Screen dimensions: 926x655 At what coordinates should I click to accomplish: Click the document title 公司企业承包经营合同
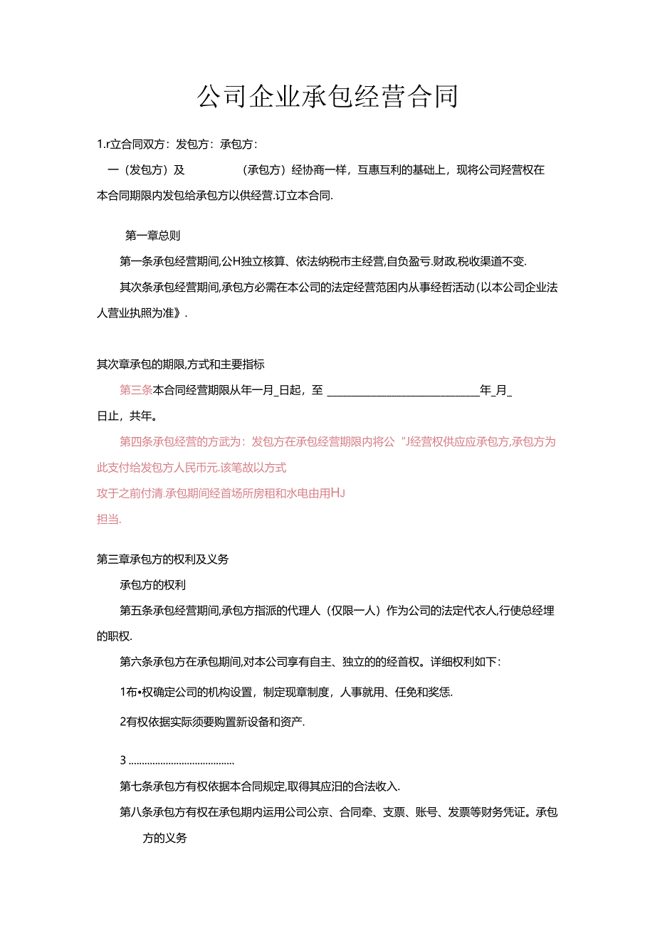pos(327,97)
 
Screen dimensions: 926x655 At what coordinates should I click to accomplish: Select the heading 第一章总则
pos(157,236)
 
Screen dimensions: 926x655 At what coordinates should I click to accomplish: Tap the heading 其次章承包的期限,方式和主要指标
pos(180,364)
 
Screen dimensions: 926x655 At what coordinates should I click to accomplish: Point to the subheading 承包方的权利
pos(153,585)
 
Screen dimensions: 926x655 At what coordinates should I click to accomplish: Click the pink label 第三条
pos(136,390)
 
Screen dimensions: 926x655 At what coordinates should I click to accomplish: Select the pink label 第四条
pos(136,441)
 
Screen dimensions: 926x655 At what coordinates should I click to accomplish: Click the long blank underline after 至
pos(402,391)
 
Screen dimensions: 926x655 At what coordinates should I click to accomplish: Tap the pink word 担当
pos(108,519)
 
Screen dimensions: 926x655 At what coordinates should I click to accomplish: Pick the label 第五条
pos(136,611)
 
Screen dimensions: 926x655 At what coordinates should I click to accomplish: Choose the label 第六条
pos(136,662)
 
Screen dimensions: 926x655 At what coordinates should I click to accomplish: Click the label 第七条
pos(136,786)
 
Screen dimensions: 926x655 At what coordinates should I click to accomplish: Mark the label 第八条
pos(136,812)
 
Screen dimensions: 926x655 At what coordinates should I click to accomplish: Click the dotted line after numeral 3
pos(182,761)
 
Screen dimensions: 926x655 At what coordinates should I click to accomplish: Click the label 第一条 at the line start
pos(136,261)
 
